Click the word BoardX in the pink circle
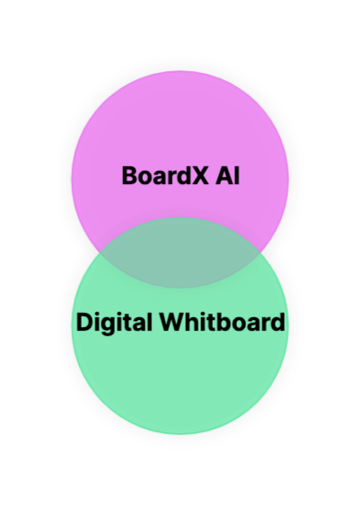[165, 176]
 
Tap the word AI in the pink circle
[227, 176]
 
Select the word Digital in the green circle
[114, 323]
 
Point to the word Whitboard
[223, 322]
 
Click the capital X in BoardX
[199, 176]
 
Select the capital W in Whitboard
[173, 323]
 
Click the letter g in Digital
[109, 326]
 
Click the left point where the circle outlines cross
[100, 253]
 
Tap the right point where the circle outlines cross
[260, 253]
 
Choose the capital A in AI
[224, 176]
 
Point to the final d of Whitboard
[277, 323]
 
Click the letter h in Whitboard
[194, 323]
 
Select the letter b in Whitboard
[229, 323]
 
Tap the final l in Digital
[149, 323]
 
